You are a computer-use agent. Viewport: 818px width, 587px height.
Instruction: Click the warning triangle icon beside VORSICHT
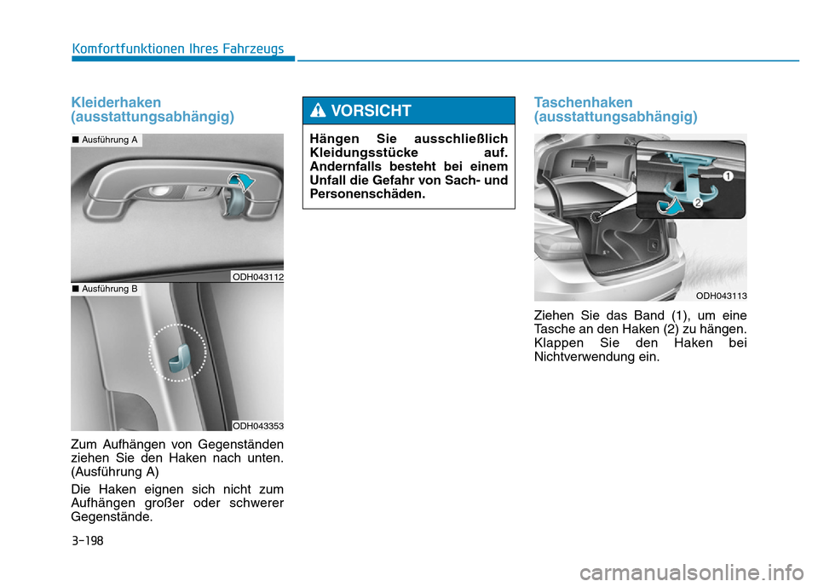pyautogui.click(x=318, y=110)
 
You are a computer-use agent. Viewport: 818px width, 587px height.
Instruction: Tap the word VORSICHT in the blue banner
pyautogui.click(x=371, y=111)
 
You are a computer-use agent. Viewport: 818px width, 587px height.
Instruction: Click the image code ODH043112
pyautogui.click(x=257, y=277)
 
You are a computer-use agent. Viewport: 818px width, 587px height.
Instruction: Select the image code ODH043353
pyautogui.click(x=257, y=426)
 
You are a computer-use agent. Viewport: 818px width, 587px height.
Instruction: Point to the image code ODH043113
pyautogui.click(x=721, y=296)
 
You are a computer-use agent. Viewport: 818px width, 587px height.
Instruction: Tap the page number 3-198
pyautogui.click(x=88, y=540)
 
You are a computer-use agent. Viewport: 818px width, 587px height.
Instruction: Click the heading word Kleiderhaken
pyautogui.click(x=117, y=102)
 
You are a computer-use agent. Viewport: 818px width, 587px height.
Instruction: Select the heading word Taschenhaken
pyautogui.click(x=583, y=102)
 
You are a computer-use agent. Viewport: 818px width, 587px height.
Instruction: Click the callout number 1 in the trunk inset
pyautogui.click(x=728, y=176)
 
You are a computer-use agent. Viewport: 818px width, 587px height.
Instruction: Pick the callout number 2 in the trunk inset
pyautogui.click(x=698, y=203)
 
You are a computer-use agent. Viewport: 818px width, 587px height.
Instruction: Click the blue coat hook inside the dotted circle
pyautogui.click(x=178, y=358)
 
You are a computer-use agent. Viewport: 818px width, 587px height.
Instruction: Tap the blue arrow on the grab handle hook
pyautogui.click(x=241, y=181)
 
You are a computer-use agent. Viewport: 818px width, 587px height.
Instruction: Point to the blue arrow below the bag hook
pyautogui.click(x=670, y=207)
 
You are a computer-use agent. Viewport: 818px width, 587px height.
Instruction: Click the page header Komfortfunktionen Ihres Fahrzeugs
pyautogui.click(x=178, y=49)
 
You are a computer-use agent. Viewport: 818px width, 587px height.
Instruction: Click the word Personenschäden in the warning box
pyautogui.click(x=367, y=193)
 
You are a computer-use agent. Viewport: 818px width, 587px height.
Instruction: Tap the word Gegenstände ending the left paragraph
pyautogui.click(x=112, y=517)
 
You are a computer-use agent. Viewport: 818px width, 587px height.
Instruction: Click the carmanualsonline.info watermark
pyautogui.click(x=691, y=573)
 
